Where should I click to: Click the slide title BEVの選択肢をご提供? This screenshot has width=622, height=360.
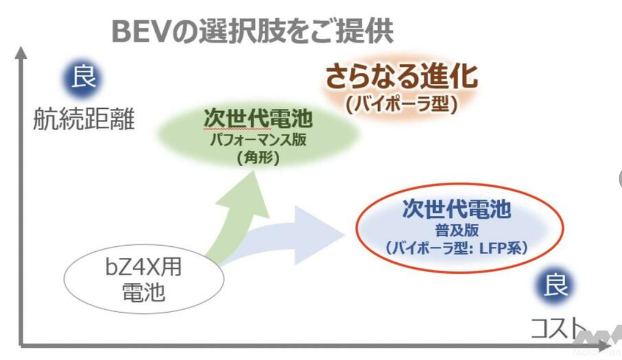[x=252, y=32]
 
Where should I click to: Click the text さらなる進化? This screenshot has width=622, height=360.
[x=401, y=77]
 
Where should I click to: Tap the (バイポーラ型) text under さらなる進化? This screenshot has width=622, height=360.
[x=401, y=104]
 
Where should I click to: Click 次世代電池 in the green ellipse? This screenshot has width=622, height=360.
[x=258, y=119]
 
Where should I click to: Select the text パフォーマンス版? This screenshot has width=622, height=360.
[x=258, y=140]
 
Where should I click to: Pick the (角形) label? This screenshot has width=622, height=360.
[x=258, y=158]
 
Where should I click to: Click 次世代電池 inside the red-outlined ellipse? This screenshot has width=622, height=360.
[x=456, y=209]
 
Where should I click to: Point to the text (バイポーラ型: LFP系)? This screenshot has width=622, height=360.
[x=456, y=248]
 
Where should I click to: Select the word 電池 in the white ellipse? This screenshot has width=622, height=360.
[x=143, y=293]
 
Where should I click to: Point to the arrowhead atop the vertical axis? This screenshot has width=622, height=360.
[x=22, y=52]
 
